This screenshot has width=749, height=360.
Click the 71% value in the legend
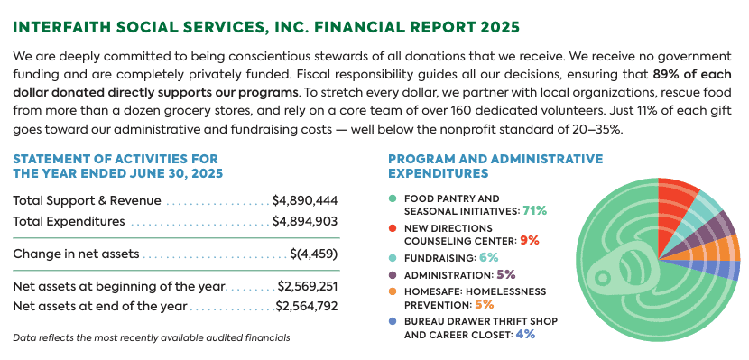pyautogui.click(x=534, y=210)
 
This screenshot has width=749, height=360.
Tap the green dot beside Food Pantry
pyautogui.click(x=393, y=198)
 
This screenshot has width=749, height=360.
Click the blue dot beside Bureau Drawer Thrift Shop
pyautogui.click(x=393, y=321)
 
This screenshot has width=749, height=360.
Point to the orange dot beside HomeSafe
pyautogui.click(x=393, y=291)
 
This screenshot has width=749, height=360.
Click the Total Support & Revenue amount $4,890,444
pyautogui.click(x=305, y=201)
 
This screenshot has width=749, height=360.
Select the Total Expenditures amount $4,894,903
pyautogui.click(x=305, y=222)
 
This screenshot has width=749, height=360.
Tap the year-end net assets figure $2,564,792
pyautogui.click(x=307, y=306)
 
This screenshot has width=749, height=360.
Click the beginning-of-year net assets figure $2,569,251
pyautogui.click(x=308, y=287)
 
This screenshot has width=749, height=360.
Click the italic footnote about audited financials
pyautogui.click(x=152, y=338)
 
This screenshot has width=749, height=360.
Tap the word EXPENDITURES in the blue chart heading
pyautogui.click(x=439, y=173)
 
